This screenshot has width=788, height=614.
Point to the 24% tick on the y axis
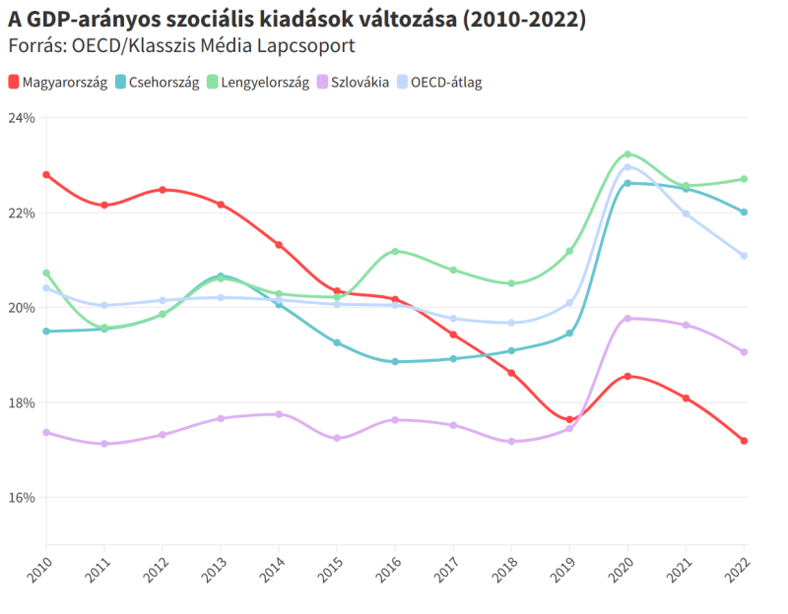tap(21, 118)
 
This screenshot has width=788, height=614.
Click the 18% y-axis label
tap(21, 402)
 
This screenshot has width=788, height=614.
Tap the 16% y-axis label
tap(21, 498)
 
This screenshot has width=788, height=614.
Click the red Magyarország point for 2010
tap(46, 174)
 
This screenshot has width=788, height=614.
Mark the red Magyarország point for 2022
tap(745, 441)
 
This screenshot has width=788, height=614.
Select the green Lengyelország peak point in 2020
tap(627, 154)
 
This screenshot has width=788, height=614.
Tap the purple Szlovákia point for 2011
tap(104, 444)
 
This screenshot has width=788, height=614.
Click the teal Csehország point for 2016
tap(395, 361)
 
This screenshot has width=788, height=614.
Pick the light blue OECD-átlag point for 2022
tap(745, 256)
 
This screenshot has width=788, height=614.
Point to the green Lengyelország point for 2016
tap(395, 251)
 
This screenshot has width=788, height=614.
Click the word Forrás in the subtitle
tap(34, 46)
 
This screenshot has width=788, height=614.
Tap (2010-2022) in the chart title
tap(523, 21)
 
